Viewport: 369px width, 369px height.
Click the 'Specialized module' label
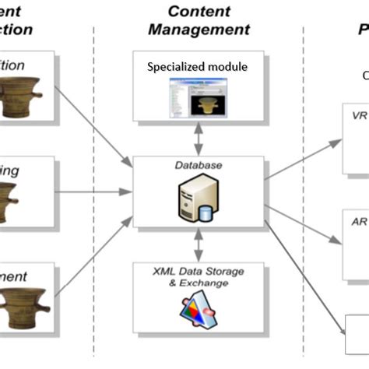click(198, 67)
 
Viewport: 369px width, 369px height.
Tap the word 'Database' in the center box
click(198, 166)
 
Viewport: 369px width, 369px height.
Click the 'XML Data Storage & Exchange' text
click(198, 276)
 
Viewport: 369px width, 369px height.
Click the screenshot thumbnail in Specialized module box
click(198, 98)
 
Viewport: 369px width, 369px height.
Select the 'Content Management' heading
click(209, 20)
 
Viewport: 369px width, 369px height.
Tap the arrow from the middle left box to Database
click(93, 193)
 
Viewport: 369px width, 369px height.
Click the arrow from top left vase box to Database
click(93, 125)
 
